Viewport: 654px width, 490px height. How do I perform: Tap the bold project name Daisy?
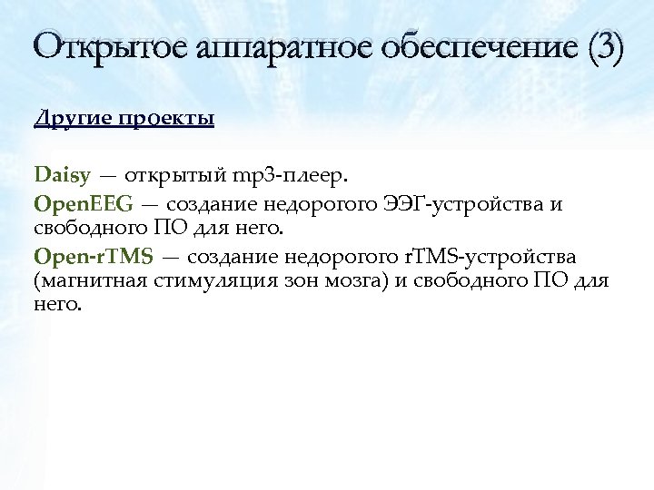coord(63,172)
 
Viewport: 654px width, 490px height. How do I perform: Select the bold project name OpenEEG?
coord(83,202)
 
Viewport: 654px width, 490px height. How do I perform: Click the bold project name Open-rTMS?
coord(94,257)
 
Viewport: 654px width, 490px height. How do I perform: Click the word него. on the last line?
coord(57,305)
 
